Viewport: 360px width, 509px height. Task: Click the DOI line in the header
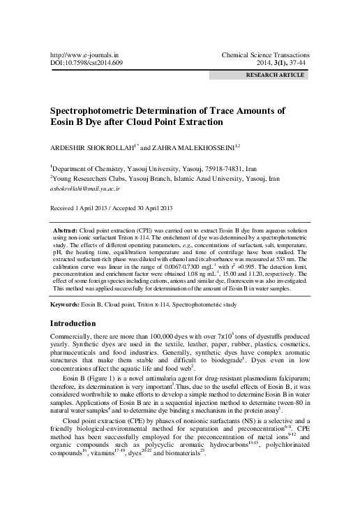point(82,62)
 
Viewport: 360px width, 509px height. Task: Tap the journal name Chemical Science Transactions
point(269,53)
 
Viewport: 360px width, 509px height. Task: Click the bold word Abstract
point(66,230)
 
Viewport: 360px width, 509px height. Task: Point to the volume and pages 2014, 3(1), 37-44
point(280,62)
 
